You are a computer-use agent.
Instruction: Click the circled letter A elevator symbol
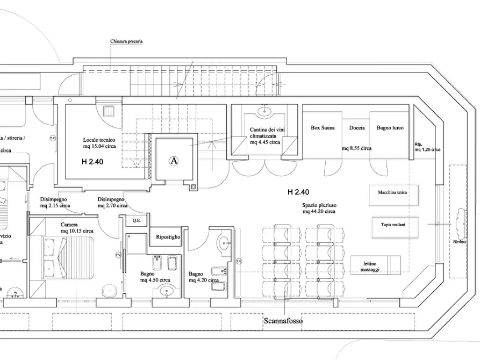click(174, 160)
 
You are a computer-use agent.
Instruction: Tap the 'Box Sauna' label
click(323, 128)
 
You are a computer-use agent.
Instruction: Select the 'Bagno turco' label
click(390, 128)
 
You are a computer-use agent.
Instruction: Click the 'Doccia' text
click(356, 128)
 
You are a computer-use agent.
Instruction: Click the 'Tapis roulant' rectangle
click(395, 226)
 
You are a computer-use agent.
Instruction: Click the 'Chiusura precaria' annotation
click(126, 41)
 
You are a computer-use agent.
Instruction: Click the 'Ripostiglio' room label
click(168, 236)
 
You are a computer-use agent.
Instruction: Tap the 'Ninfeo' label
click(460, 242)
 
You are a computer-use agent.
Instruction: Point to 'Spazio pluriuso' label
click(319, 208)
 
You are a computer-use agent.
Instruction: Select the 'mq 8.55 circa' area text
click(356, 148)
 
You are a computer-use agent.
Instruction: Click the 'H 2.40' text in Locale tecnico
click(92, 161)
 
